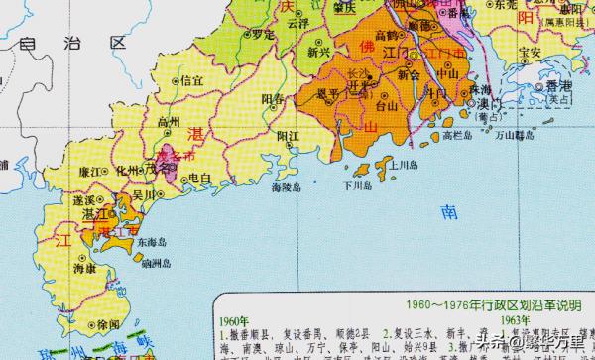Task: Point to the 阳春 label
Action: (273, 99)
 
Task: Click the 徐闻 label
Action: (109, 324)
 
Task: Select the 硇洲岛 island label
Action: (156, 264)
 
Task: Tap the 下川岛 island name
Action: (356, 184)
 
